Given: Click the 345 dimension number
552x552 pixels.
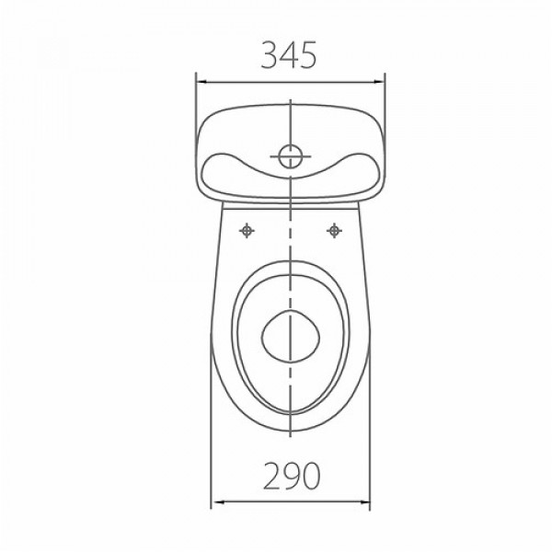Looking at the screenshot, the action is [289, 54].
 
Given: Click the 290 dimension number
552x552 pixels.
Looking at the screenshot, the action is [292, 476].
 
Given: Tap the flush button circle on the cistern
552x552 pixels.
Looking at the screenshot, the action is [291, 156].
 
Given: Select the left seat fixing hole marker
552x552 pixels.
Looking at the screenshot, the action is [247, 231].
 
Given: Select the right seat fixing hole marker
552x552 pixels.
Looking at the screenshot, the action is [334, 231].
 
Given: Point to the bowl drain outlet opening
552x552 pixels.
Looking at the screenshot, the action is [291, 336].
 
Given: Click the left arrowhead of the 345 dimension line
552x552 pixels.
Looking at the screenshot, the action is [201, 82].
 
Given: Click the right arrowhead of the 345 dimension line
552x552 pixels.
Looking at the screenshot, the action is [379, 82].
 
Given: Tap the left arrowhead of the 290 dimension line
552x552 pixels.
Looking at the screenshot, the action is [219, 501].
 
